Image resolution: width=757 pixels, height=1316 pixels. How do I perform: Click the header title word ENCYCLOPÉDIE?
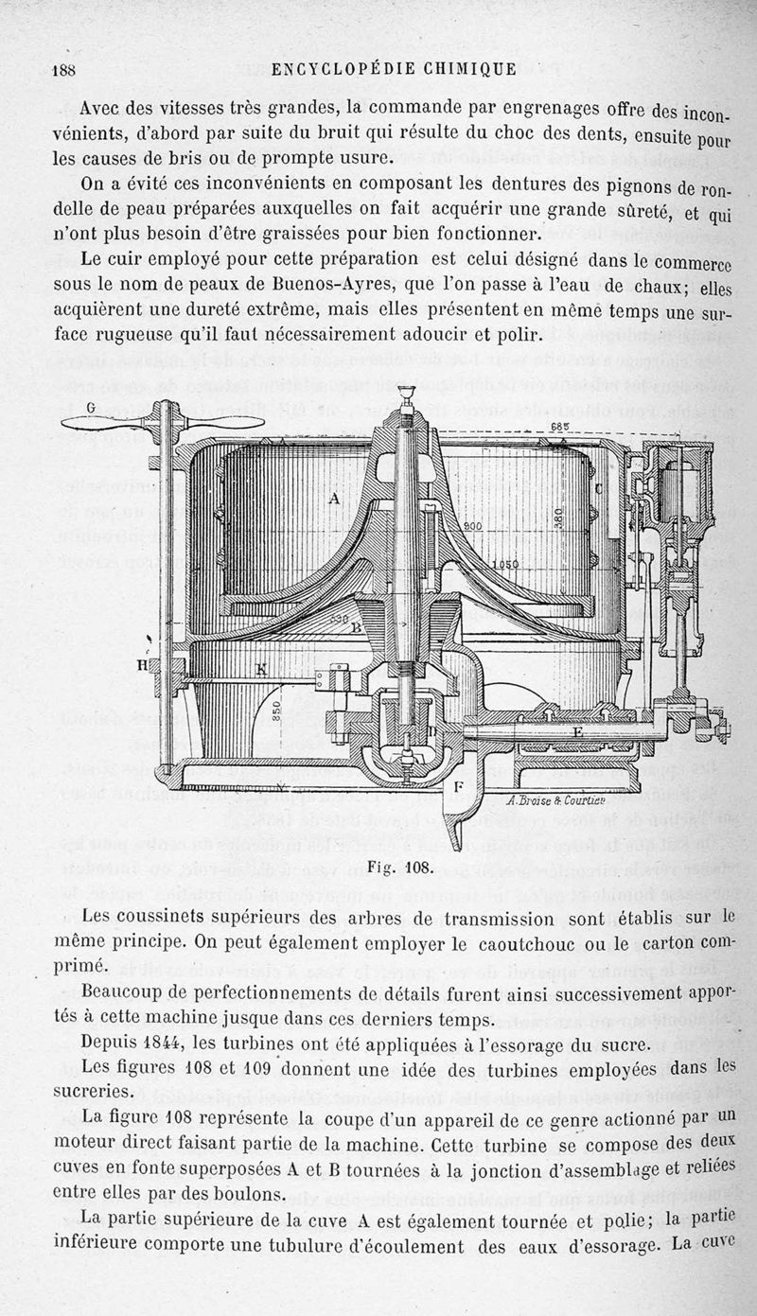335,68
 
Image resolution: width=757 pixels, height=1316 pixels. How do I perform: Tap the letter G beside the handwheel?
93,408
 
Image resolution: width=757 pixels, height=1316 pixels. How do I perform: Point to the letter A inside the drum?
332,496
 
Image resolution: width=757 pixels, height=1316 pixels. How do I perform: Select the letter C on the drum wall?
598,488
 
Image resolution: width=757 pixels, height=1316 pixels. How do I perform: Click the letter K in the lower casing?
260,668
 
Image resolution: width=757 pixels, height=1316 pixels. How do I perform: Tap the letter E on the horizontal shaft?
577,731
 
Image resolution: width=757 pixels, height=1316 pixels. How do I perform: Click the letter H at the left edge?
144,665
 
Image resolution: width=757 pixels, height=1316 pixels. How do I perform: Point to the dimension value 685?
560,427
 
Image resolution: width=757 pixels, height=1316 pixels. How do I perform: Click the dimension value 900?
473,526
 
